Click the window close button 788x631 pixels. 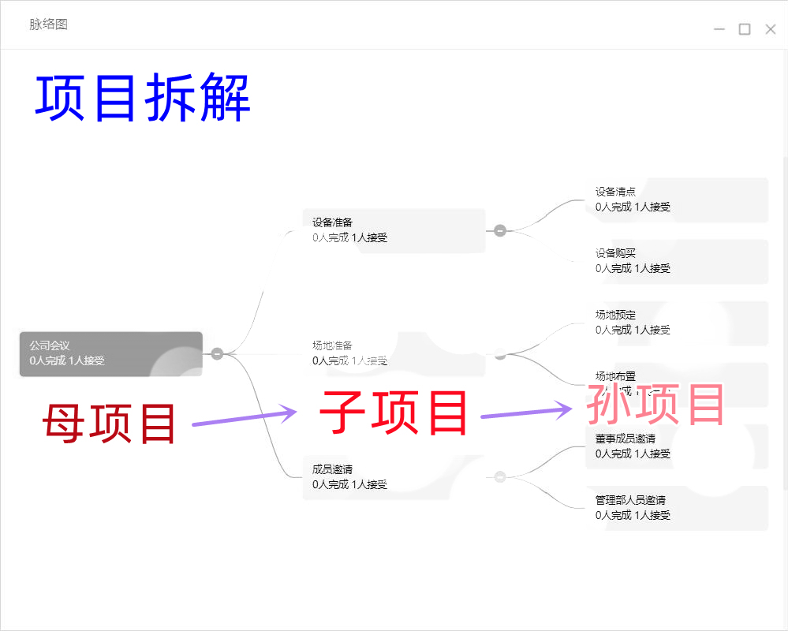771,29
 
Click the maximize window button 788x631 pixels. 745,29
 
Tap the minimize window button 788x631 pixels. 719,29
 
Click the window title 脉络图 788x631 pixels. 49,24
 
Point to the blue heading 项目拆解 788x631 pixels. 143,98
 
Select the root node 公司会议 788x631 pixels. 111,353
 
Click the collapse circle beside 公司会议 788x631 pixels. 217,353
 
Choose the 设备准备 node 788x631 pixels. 394,230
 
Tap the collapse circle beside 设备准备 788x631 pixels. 499,230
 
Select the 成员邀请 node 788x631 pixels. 394,477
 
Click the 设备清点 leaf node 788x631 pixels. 676,200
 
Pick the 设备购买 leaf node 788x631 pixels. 676,261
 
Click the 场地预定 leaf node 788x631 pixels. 676,323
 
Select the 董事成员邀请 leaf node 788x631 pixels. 676,446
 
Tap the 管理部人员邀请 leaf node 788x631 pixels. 676,508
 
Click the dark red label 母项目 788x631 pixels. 109,423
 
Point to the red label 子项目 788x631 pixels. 394,413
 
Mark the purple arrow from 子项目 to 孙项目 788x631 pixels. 526,412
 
